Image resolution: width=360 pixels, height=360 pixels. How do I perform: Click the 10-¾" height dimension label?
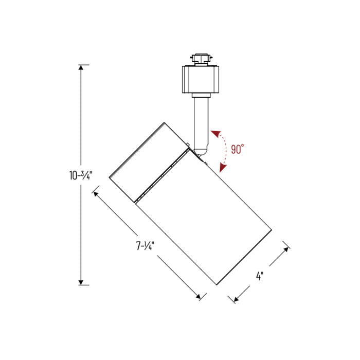pyautogui.click(x=81, y=175)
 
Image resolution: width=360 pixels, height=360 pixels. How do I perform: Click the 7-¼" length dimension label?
pyautogui.click(x=146, y=246)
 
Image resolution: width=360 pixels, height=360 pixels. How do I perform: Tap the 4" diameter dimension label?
pyautogui.click(x=260, y=276)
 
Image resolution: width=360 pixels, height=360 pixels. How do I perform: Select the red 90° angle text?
pyautogui.click(x=237, y=150)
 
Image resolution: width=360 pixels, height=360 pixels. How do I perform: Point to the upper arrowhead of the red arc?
pyautogui.click(x=213, y=133)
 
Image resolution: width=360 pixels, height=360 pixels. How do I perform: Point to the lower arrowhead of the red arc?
pyautogui.click(x=223, y=168)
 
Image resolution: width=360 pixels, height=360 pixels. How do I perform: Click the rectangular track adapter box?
pyautogui.click(x=201, y=80)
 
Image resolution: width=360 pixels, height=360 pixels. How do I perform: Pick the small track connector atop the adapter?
pyautogui.click(x=201, y=58)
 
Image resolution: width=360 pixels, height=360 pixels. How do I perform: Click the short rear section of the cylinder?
pyautogui.click(x=147, y=162)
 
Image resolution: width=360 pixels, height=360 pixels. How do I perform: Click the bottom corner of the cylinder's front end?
pyautogui.click(x=217, y=284)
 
